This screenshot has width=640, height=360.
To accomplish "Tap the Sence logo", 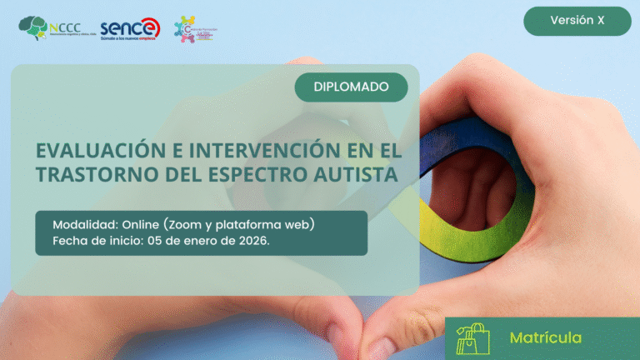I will (129, 28).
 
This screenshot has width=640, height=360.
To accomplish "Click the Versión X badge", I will (577, 21).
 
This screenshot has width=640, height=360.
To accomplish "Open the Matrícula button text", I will (545, 337).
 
